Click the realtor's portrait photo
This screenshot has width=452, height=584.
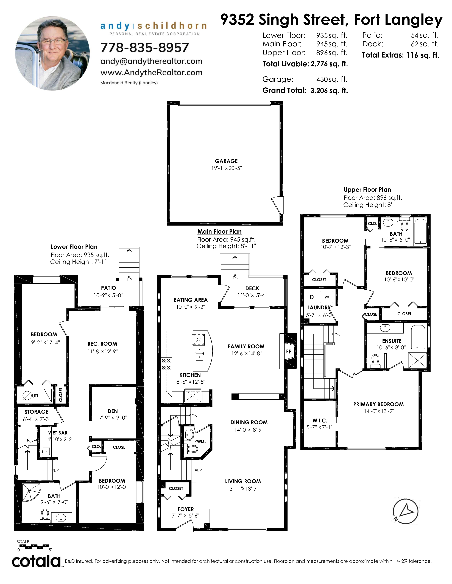[x=52, y=53]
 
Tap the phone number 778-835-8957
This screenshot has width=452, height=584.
[x=145, y=48]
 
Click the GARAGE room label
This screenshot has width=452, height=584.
[x=226, y=161]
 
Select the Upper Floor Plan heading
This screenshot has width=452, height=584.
[x=367, y=190]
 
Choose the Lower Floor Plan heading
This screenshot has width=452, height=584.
[x=74, y=247]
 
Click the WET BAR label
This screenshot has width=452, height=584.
[x=58, y=433]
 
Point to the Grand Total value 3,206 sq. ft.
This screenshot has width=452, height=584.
[x=329, y=91]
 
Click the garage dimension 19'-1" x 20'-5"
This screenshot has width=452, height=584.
[x=227, y=168]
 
